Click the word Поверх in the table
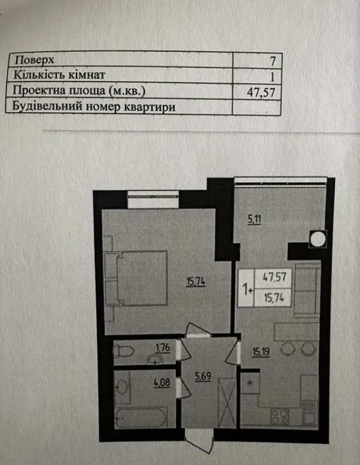click(x=34, y=60)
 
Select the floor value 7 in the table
click(x=273, y=61)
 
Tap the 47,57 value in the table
click(x=261, y=92)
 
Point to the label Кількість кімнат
click(x=59, y=75)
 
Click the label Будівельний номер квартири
click(x=94, y=106)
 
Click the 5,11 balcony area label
click(x=254, y=220)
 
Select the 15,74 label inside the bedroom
click(x=196, y=281)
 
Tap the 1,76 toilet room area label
click(x=163, y=348)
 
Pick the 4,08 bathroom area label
click(x=162, y=383)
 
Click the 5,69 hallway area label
click(x=203, y=377)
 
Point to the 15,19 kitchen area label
click(x=261, y=352)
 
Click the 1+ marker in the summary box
click(x=248, y=289)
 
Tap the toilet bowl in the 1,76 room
click(x=124, y=352)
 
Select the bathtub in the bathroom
click(x=140, y=418)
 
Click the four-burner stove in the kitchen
click(x=280, y=416)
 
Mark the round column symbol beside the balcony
click(x=317, y=239)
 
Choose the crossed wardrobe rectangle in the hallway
click(x=227, y=403)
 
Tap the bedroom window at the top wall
click(x=153, y=199)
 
